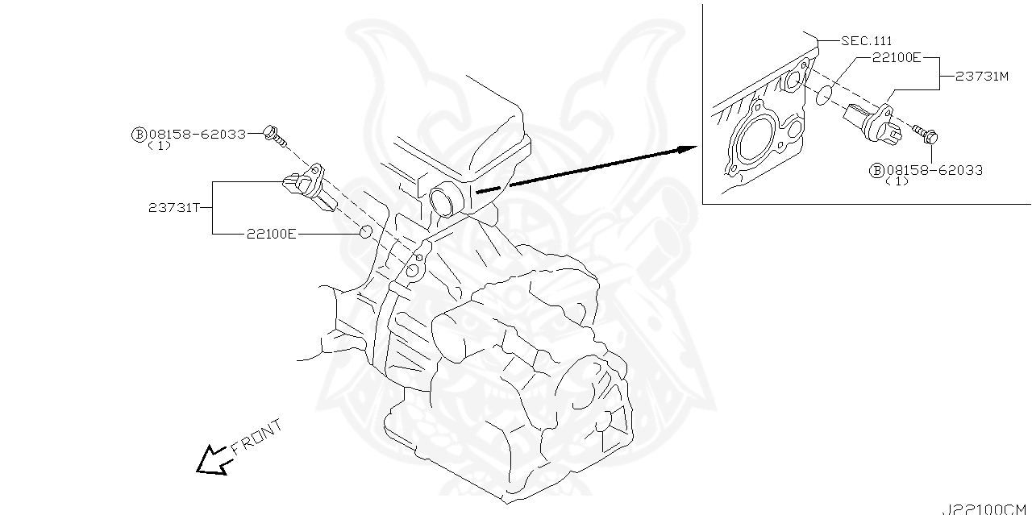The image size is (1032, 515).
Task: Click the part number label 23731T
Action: point(173,207)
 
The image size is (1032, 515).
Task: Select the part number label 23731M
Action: point(982,77)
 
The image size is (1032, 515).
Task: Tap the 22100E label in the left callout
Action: point(272,234)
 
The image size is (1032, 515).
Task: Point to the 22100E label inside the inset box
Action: point(895,58)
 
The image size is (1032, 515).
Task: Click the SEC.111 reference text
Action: point(866,40)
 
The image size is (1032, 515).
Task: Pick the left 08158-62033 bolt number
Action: point(198,135)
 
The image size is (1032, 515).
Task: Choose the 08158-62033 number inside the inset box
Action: point(934,170)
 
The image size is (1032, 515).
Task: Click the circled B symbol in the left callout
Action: point(139,135)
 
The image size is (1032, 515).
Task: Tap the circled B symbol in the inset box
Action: point(876,170)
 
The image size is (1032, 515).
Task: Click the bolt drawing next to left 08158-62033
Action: point(275,136)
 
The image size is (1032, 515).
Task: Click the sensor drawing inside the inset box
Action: point(871,122)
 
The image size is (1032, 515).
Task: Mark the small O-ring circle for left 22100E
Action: point(365,233)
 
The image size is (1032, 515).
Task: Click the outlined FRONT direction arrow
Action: point(213,460)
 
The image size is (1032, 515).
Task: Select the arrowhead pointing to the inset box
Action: point(685,149)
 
